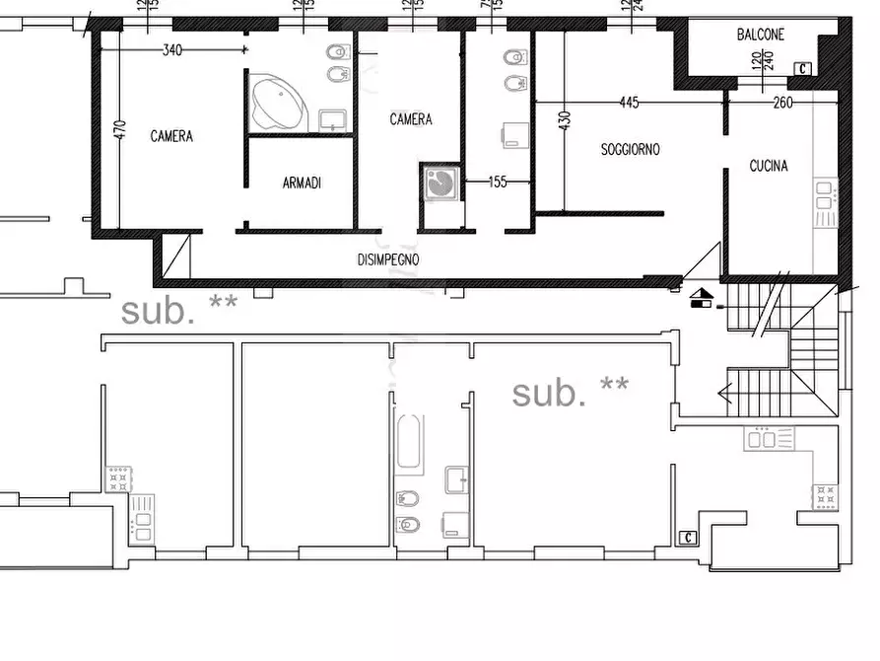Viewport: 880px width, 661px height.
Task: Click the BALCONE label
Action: pyautogui.click(x=761, y=35)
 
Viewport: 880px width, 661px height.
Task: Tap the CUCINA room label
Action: pyautogui.click(x=769, y=167)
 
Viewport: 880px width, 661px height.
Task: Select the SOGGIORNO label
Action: pyautogui.click(x=631, y=150)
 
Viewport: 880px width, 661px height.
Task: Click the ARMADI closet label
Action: pyautogui.click(x=302, y=184)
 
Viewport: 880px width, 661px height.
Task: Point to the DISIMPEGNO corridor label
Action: pyautogui.click(x=388, y=259)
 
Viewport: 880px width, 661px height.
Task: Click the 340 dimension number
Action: pyautogui.click(x=172, y=51)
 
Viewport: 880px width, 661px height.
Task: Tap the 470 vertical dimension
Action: pyautogui.click(x=120, y=130)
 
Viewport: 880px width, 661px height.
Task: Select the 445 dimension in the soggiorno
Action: pyautogui.click(x=630, y=102)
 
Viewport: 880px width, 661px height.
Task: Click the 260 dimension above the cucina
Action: pyautogui.click(x=783, y=102)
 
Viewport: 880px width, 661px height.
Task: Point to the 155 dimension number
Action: pyautogui.click(x=498, y=182)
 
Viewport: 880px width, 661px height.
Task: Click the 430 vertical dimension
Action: pyautogui.click(x=565, y=120)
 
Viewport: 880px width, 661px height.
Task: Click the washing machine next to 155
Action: pyautogui.click(x=440, y=183)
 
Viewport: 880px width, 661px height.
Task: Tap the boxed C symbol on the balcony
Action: pyautogui.click(x=803, y=68)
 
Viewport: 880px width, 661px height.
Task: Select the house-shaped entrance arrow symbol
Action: pyautogui.click(x=702, y=297)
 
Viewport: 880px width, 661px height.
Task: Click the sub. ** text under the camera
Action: pyautogui.click(x=178, y=311)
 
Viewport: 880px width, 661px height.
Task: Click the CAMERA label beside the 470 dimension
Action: pyautogui.click(x=171, y=137)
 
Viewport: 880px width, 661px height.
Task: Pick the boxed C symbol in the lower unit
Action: pyautogui.click(x=687, y=538)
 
